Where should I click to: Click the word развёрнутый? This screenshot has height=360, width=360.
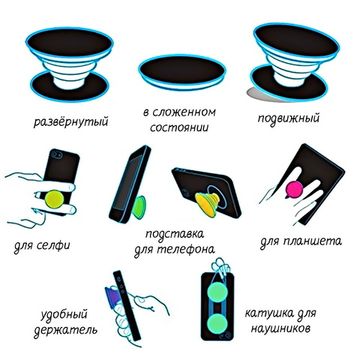click(x=71, y=122)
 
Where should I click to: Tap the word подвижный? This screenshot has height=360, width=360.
click(x=288, y=119)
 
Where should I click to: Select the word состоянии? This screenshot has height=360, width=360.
click(x=179, y=127)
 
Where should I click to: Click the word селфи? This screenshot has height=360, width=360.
click(x=54, y=246)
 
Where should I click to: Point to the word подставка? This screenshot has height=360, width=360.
click(x=175, y=234)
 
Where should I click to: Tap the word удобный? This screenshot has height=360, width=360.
click(x=64, y=315)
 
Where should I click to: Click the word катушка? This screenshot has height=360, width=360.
click(x=270, y=313)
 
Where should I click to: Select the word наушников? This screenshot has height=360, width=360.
click(x=280, y=328)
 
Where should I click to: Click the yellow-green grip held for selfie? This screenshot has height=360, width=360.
click(x=54, y=199)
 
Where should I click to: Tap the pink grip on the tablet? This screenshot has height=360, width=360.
click(x=294, y=189)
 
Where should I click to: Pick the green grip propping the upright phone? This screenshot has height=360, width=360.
click(x=139, y=207)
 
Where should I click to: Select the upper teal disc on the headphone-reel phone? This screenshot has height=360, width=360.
click(x=217, y=292)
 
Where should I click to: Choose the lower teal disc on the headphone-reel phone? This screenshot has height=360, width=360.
click(x=217, y=324)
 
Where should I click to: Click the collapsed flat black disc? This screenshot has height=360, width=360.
click(x=182, y=71)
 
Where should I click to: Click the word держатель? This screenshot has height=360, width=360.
click(x=65, y=330)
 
